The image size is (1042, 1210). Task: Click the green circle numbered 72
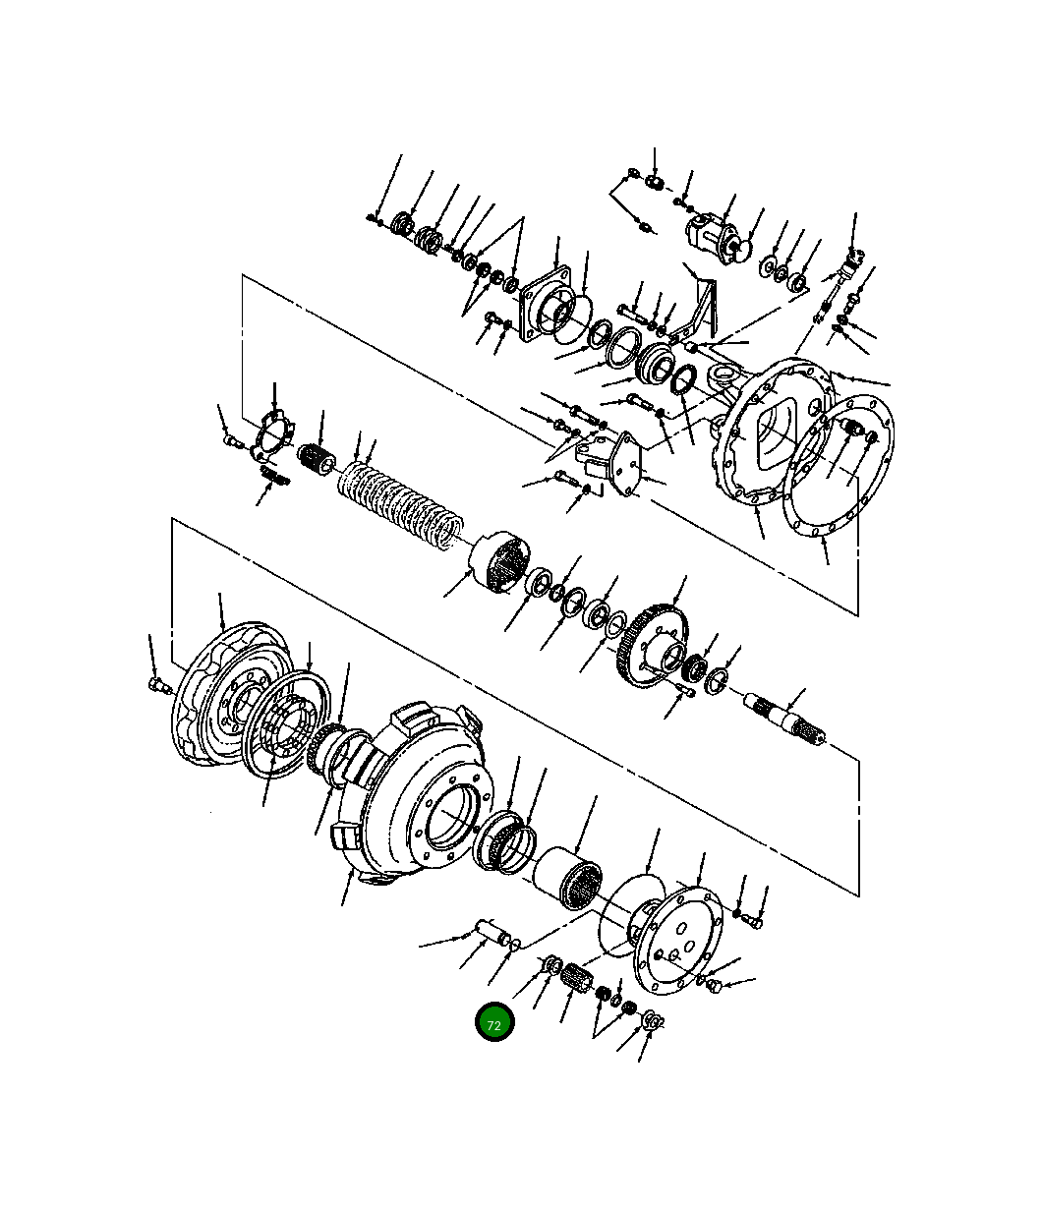[x=493, y=1024]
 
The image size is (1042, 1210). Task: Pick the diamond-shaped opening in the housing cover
[x=775, y=432]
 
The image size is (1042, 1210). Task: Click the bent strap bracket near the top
[x=704, y=305]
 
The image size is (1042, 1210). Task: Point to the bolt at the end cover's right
[x=753, y=922]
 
